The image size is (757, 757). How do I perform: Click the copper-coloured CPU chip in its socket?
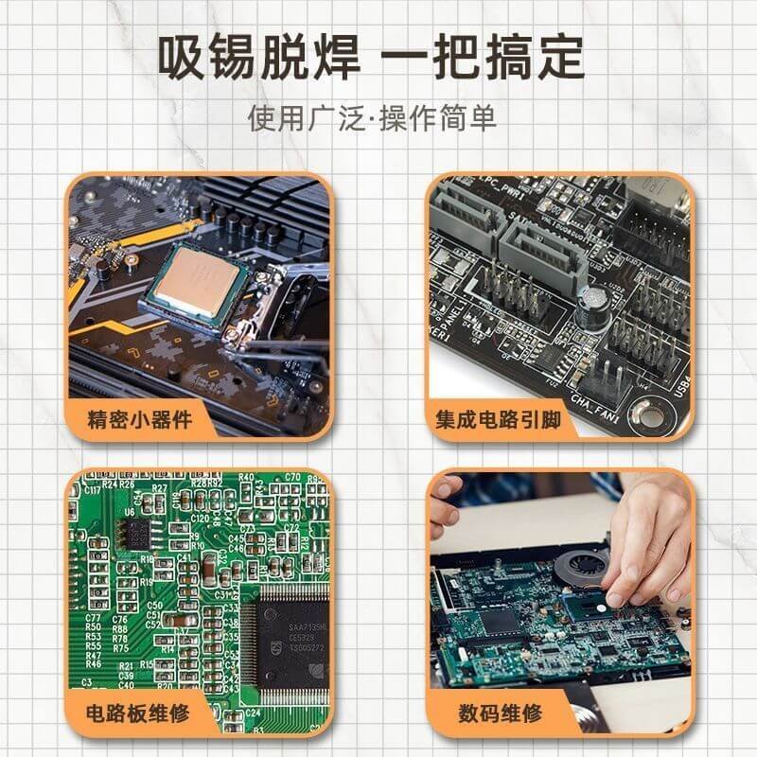click(197, 277)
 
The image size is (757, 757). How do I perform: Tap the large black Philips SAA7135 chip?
click(288, 634)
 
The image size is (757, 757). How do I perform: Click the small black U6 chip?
click(135, 532)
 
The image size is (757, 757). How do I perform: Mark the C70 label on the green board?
click(292, 477)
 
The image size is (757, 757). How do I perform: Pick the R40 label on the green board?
click(246, 477)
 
